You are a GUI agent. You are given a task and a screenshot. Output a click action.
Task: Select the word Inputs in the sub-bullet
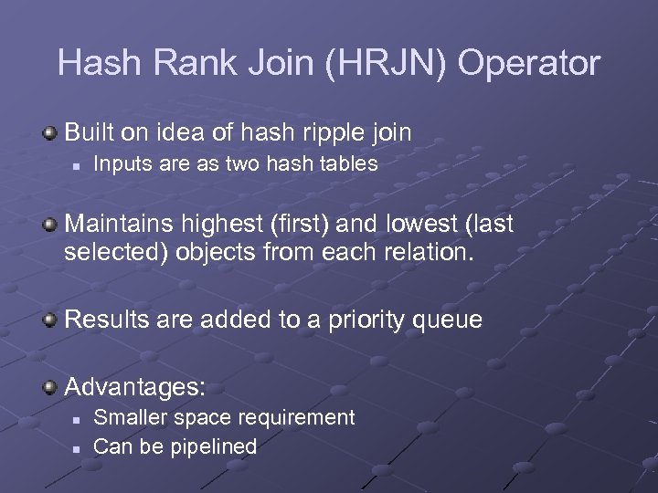pos(123,165)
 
